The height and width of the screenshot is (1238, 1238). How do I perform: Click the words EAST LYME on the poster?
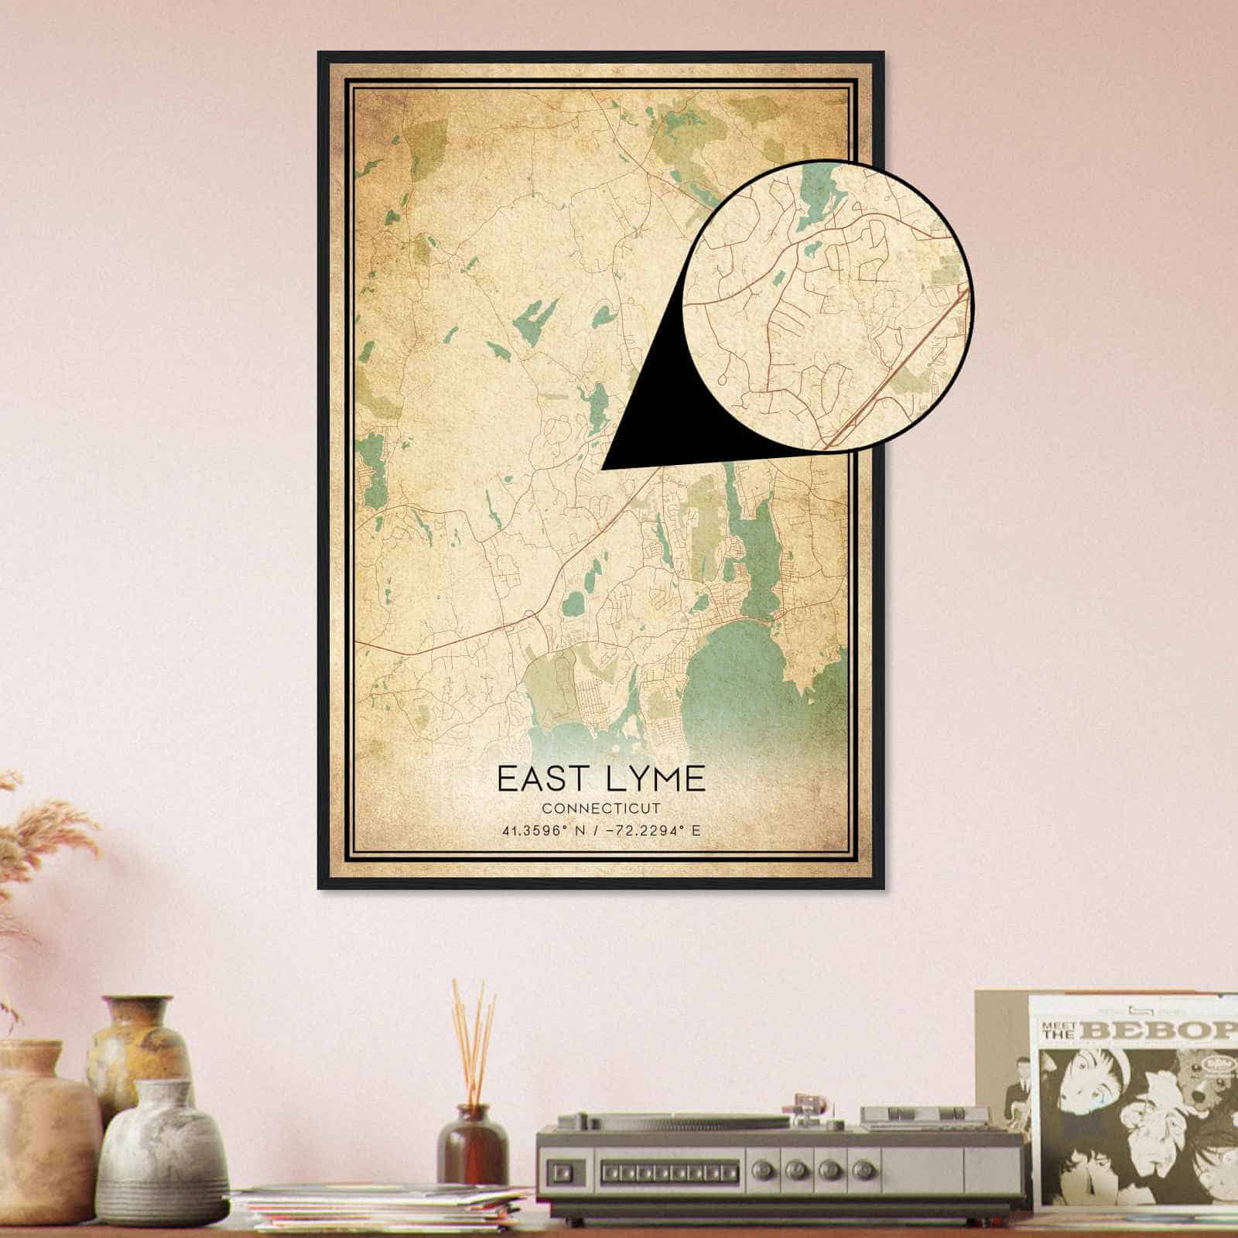pyautogui.click(x=601, y=778)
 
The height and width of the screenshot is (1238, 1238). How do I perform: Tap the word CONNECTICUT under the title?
pyautogui.click(x=601, y=809)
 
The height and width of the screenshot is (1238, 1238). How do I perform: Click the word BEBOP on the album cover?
pyautogui.click(x=1161, y=1031)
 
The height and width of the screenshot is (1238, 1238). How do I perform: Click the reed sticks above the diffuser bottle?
pyautogui.click(x=472, y=1037)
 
